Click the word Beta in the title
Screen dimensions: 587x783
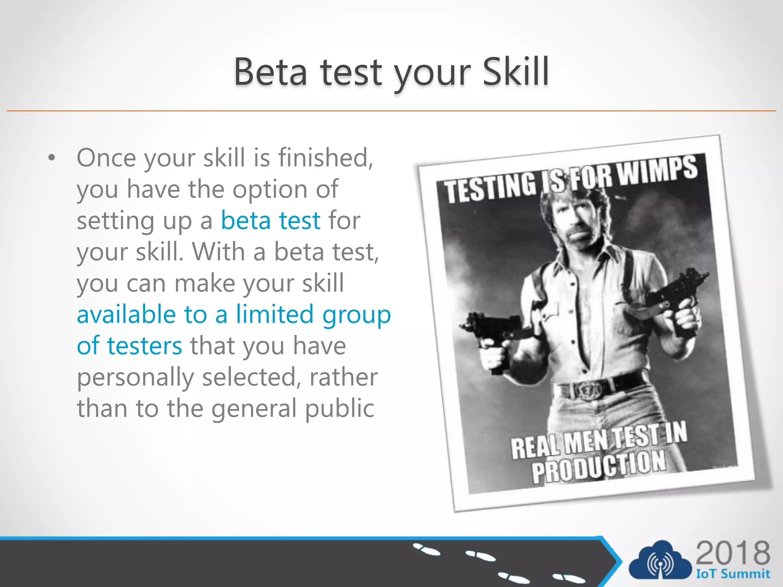(x=270, y=72)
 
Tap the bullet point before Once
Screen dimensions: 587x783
(x=52, y=158)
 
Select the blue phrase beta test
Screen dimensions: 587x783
(x=270, y=221)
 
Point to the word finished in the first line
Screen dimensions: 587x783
(x=325, y=157)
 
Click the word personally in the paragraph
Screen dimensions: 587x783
(x=135, y=377)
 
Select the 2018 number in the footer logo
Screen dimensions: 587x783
(x=733, y=553)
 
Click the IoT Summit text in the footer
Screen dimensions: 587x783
(x=733, y=574)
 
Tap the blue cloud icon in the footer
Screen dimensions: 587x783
(x=660, y=561)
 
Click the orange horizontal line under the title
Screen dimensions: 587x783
(x=391, y=111)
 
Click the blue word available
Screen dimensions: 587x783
(x=126, y=315)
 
